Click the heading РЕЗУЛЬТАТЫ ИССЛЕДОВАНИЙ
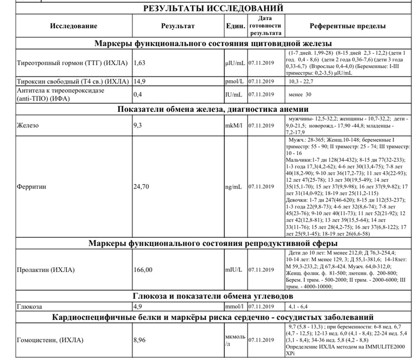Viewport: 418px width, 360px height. coord(213,8)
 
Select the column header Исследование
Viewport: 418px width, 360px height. coord(74,26)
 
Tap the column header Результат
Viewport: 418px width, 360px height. coord(178,26)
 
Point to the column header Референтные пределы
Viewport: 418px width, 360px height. coord(347,26)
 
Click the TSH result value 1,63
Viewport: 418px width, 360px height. coord(140,63)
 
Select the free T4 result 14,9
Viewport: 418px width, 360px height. coord(140,81)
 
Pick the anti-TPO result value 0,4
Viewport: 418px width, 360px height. coord(138,94)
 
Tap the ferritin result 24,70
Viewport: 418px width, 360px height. coord(141,187)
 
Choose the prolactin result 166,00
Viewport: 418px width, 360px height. coord(143,269)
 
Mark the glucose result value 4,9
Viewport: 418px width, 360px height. coord(138,306)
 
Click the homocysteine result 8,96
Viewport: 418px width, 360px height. coord(141,340)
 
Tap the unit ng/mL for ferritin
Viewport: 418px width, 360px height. coord(234,187)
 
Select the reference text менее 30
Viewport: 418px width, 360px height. coord(300,94)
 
